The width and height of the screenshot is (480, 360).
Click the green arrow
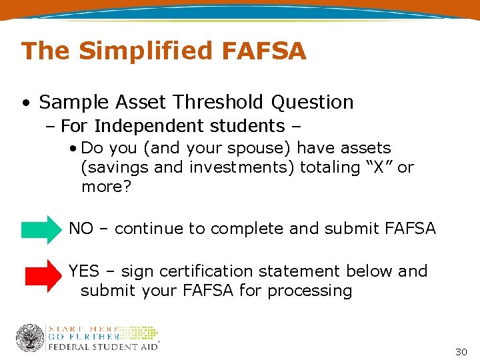coord(41,229)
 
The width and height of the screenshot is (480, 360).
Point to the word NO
coord(81,229)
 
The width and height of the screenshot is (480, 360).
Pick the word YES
coord(83,271)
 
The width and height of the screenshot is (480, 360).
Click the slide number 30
coord(461,351)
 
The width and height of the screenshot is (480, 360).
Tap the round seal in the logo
coord(30,338)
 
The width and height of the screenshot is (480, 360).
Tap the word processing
coord(313,291)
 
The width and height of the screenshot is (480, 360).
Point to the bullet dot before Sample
coord(25,103)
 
